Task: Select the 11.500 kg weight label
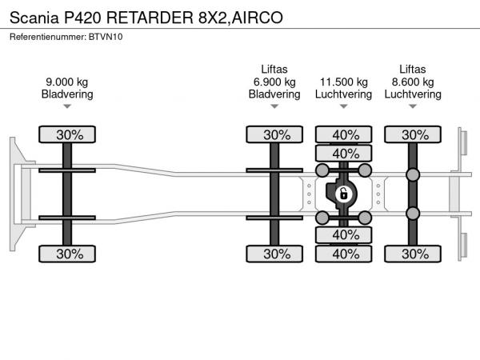[x=344, y=82]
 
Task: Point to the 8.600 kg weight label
[x=413, y=82]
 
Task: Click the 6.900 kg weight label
[x=275, y=82]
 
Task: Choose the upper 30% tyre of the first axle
[x=69, y=134]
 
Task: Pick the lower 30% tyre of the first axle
[x=69, y=254]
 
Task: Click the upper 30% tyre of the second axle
[x=275, y=134]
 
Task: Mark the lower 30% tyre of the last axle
[x=413, y=254]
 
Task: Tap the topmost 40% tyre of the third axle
[x=344, y=134]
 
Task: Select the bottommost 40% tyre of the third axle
[x=344, y=254]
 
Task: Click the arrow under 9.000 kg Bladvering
[x=69, y=106]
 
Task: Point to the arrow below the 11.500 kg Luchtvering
[x=344, y=106]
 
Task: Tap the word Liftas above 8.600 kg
[x=413, y=70]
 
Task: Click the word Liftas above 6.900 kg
[x=275, y=70]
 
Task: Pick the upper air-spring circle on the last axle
[x=413, y=175]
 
